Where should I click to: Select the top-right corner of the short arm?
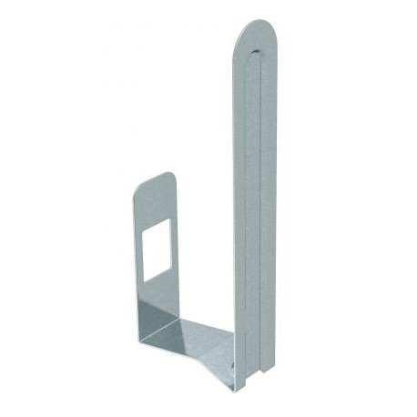click(x=173, y=175)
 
